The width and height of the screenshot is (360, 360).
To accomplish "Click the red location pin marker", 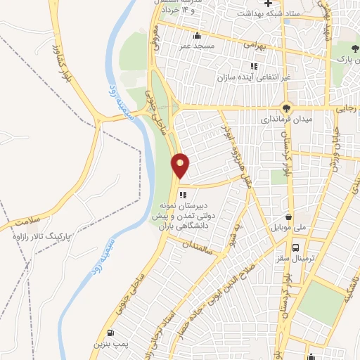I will [x=181, y=166].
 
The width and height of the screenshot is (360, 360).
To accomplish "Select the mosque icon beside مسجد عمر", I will [x=198, y=35].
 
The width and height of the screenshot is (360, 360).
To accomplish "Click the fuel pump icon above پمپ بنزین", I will [x=110, y=333].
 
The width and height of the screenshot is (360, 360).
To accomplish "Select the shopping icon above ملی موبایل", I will [x=288, y=217].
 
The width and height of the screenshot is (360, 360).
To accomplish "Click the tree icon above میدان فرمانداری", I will [x=285, y=108].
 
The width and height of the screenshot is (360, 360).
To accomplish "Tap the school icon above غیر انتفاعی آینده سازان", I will [x=254, y=67].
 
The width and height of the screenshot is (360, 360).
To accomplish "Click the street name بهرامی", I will [x=257, y=44].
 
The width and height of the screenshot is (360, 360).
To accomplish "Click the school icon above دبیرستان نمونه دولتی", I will [x=183, y=195].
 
